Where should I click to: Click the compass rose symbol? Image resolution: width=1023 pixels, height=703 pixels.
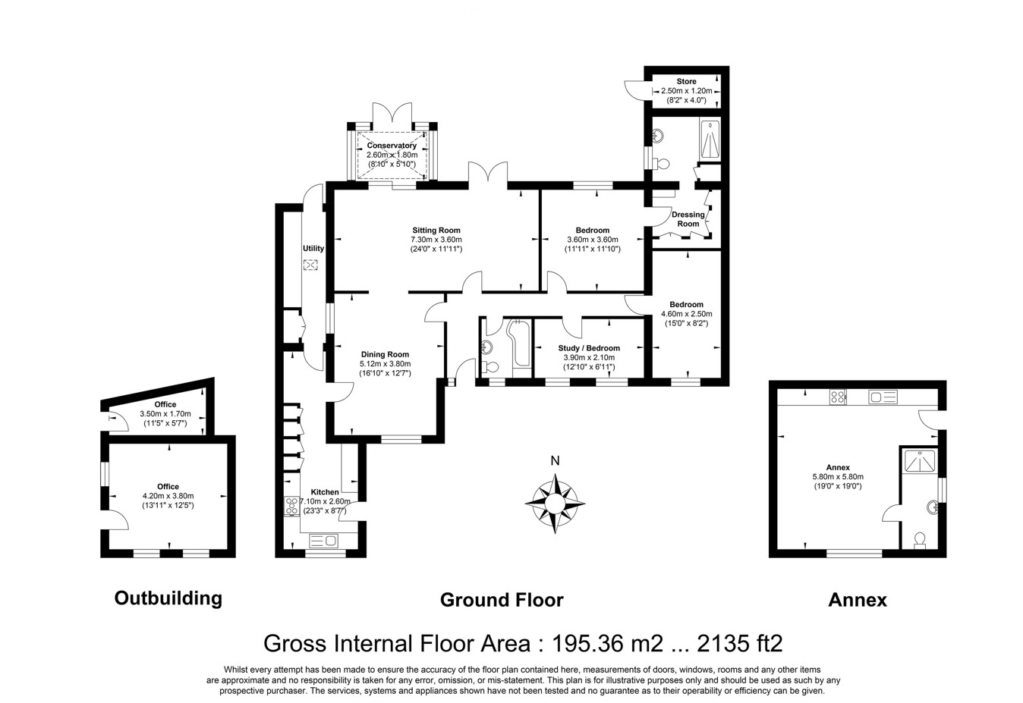(x=555, y=504)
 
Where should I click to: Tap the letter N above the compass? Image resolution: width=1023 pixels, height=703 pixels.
(x=555, y=461)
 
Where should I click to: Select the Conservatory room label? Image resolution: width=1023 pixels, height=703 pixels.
(x=392, y=145)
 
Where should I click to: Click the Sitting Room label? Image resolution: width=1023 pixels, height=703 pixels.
(x=436, y=230)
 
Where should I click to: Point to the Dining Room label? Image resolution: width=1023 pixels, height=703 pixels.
(x=385, y=354)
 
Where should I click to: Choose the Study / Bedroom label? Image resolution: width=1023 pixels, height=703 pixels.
(x=589, y=348)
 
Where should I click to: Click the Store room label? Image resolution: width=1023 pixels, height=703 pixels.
(x=686, y=81)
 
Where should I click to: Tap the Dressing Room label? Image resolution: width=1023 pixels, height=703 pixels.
(x=688, y=219)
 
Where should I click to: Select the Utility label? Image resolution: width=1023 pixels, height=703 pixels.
(x=313, y=248)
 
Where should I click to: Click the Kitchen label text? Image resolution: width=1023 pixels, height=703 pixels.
(x=325, y=492)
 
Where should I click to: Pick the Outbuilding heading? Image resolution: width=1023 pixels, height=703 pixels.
(x=168, y=598)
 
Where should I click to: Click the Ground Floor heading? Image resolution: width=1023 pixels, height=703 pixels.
(x=502, y=600)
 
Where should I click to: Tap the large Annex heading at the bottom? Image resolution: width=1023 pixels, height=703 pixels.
(x=858, y=600)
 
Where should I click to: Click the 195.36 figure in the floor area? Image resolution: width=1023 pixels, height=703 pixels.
(x=587, y=643)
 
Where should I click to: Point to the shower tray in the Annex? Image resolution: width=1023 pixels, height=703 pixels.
(x=920, y=460)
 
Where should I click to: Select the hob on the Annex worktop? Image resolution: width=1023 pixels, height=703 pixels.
(x=838, y=397)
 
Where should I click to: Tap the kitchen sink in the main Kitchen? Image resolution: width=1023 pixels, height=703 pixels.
(x=323, y=541)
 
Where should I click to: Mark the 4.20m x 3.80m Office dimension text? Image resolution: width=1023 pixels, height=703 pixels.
(x=168, y=496)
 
